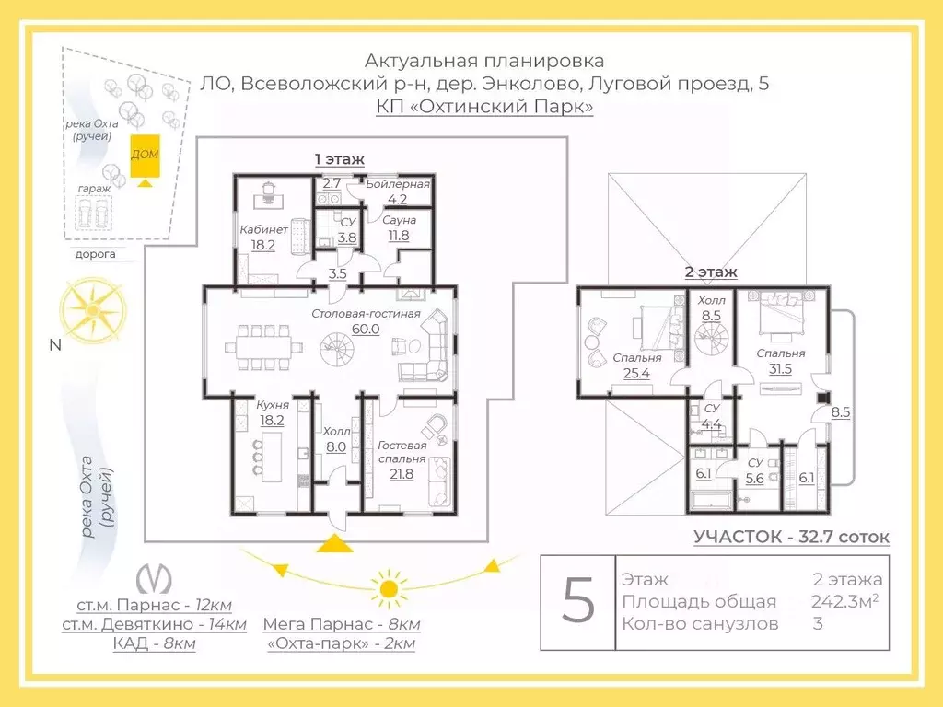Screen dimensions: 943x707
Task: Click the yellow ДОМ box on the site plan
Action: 145,156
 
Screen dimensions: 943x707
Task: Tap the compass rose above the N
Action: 93,309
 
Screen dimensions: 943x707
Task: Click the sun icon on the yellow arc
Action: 387,588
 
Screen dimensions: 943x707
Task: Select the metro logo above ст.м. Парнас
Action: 154,578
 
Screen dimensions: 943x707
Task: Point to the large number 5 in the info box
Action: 578,600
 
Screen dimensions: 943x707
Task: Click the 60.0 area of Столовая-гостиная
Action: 366,329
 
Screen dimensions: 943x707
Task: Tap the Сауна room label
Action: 400,220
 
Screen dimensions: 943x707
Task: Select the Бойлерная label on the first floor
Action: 398,184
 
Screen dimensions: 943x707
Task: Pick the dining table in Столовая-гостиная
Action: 264,347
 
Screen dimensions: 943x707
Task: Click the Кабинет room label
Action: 263,229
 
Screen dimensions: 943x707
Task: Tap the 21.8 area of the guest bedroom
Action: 402,474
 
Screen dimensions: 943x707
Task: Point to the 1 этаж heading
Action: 340,159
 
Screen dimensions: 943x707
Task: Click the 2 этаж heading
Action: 711,272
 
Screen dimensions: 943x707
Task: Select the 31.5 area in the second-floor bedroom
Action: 780,368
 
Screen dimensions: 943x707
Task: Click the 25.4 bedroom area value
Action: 636,374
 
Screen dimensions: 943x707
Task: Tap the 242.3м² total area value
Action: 844,601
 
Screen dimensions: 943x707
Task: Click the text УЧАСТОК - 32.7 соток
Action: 791,537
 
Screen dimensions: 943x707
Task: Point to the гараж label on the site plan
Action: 95,189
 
